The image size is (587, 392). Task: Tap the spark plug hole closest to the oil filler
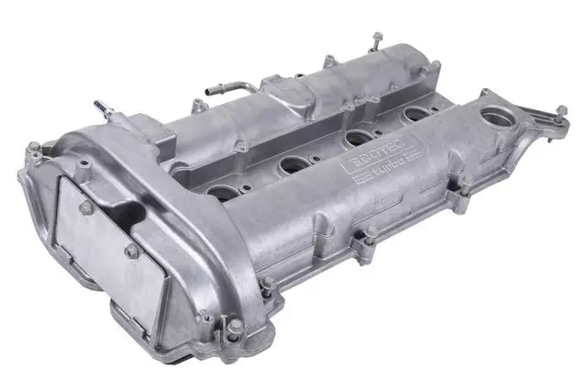tap(417, 115)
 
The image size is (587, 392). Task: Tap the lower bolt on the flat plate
tap(131, 251)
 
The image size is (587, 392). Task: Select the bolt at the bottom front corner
tap(237, 325)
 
